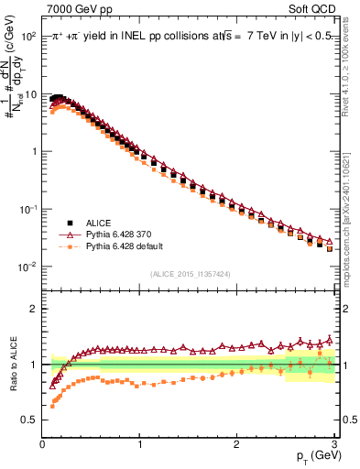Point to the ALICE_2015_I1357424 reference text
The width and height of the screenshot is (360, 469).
pyautogui.click(x=189, y=273)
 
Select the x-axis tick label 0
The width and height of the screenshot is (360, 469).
pyautogui.click(x=42, y=444)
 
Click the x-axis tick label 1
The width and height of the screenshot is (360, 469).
pyautogui.click(x=139, y=444)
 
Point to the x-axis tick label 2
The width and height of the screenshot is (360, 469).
pyautogui.click(x=236, y=444)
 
